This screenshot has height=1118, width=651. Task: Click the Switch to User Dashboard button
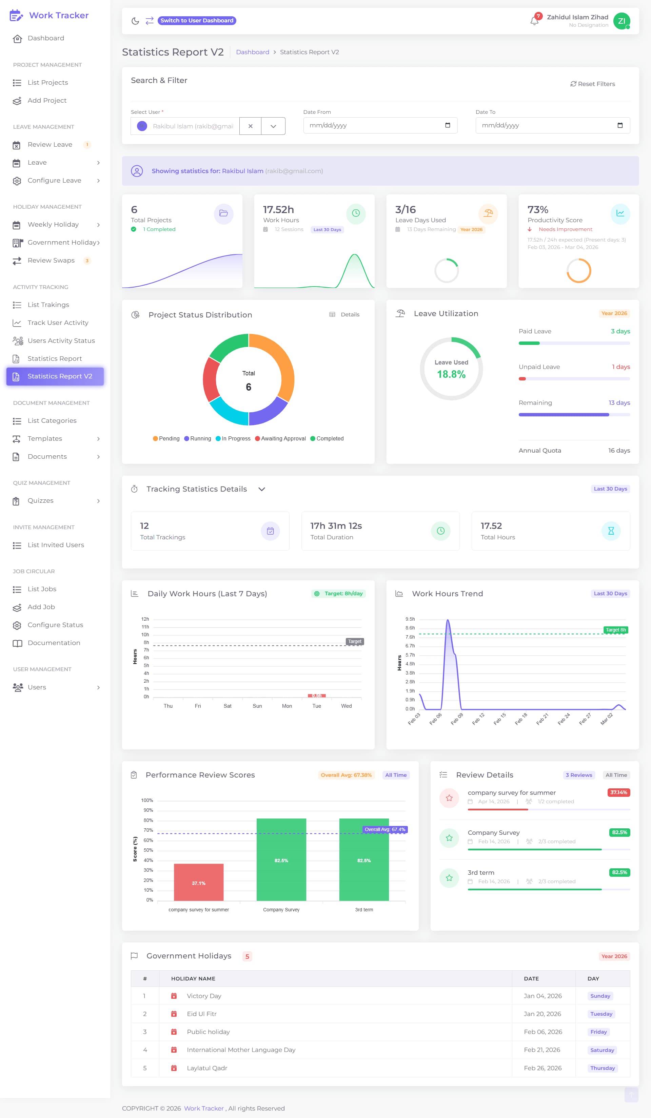click(x=197, y=20)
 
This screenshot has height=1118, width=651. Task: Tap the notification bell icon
click(x=534, y=21)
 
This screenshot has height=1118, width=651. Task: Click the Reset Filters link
click(x=592, y=84)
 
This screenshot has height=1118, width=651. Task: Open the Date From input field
click(x=380, y=125)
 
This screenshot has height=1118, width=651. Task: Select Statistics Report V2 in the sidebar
click(x=55, y=376)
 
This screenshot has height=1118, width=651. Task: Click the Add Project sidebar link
click(x=47, y=100)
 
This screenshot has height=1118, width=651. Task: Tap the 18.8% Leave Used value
click(x=451, y=374)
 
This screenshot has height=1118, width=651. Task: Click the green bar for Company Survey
click(x=281, y=860)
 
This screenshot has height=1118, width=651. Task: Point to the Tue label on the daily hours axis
click(x=317, y=706)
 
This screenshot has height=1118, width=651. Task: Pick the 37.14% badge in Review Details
click(x=618, y=792)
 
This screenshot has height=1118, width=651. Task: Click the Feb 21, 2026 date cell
click(x=542, y=1050)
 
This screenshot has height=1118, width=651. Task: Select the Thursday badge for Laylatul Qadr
click(x=602, y=1068)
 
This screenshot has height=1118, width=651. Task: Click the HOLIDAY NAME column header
click(x=193, y=978)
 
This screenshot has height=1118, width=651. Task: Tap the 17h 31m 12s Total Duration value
click(x=336, y=526)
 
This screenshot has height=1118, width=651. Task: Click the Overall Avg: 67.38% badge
click(x=346, y=775)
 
